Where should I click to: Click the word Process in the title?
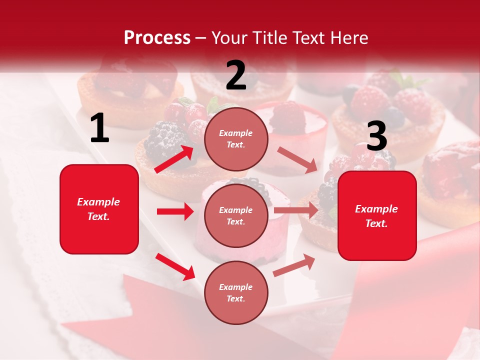pos(157,37)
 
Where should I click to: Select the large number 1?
pos(99,128)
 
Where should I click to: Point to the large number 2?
pos(236,75)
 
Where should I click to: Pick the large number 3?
pos(376,136)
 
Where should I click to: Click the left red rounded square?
pos(99,209)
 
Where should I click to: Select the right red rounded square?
pos(377,216)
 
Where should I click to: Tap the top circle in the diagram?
pos(236,139)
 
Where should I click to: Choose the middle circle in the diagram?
pos(236,215)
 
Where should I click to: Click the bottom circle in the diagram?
pos(236,292)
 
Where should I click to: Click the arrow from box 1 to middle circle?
pos(175,211)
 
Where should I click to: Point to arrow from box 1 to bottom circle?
pos(175,266)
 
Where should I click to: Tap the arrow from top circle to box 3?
pos(297,159)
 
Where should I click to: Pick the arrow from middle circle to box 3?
pos(295,210)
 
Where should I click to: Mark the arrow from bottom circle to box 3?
pos(294,265)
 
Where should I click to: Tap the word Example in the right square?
pos(376,209)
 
